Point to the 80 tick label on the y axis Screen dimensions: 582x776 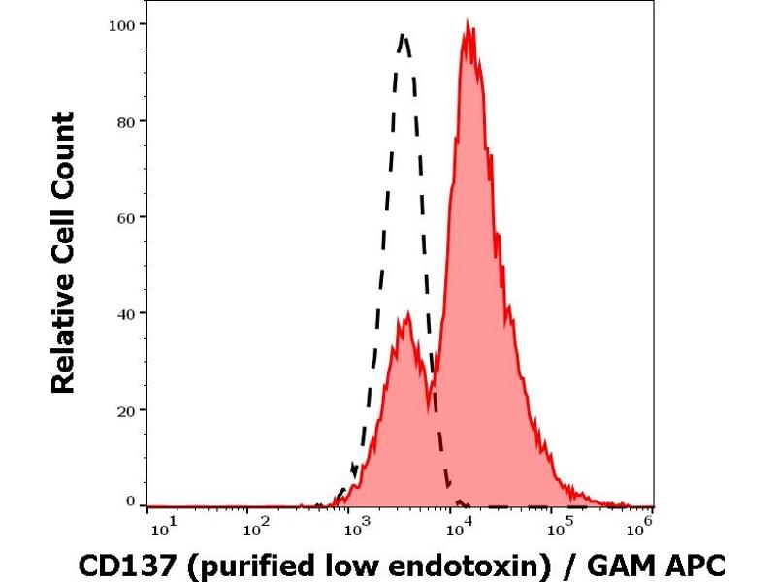pyautogui.click(x=124, y=120)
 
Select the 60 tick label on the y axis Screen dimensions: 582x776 pyautogui.click(x=124, y=216)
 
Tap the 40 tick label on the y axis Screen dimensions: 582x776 pyautogui.click(x=124, y=313)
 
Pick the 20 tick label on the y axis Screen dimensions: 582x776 pyautogui.click(x=124, y=409)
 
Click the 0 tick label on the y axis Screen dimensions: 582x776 pyautogui.click(x=129, y=501)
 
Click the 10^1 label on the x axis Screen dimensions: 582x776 pyautogui.click(x=164, y=530)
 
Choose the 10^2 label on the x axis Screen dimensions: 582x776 pyautogui.click(x=255, y=530)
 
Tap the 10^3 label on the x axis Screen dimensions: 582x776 pyautogui.click(x=357, y=530)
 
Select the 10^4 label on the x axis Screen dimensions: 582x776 pyautogui.click(x=458, y=530)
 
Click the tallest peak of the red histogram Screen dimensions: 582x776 pyautogui.click(x=469, y=26)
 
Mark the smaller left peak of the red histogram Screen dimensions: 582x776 pyautogui.click(x=408, y=314)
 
